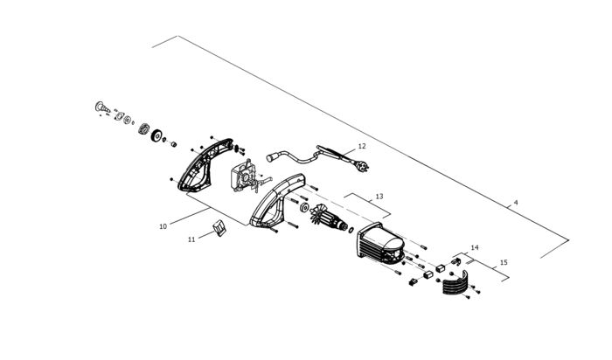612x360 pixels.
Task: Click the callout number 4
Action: click(x=516, y=203)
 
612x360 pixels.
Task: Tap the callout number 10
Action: click(x=163, y=226)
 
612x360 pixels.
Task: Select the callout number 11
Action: click(x=191, y=238)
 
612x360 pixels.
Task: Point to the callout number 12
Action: click(x=362, y=147)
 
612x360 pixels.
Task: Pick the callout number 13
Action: click(x=379, y=197)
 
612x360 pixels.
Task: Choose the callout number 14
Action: click(x=475, y=248)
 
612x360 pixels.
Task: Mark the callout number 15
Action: click(x=503, y=262)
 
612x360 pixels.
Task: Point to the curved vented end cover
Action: click(x=455, y=287)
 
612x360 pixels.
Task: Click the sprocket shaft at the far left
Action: click(x=98, y=107)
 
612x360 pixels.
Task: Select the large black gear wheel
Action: click(x=158, y=136)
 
